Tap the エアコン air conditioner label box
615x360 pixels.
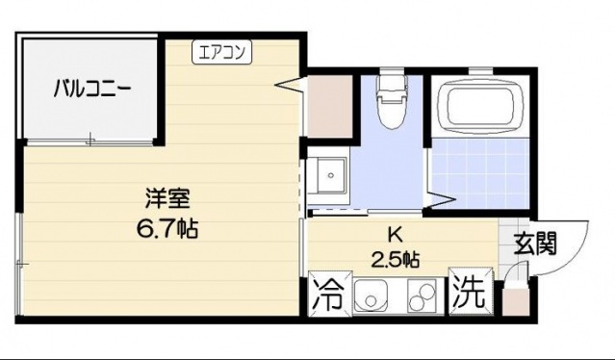click(222, 52)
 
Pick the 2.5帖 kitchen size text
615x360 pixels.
click(395, 259)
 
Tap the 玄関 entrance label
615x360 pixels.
click(534, 244)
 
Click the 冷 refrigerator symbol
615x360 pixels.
click(326, 294)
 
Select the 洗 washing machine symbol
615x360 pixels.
click(469, 294)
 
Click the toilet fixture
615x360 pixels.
click(391, 102)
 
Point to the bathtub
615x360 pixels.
click(478, 107)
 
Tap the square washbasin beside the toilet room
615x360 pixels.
click(332, 177)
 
